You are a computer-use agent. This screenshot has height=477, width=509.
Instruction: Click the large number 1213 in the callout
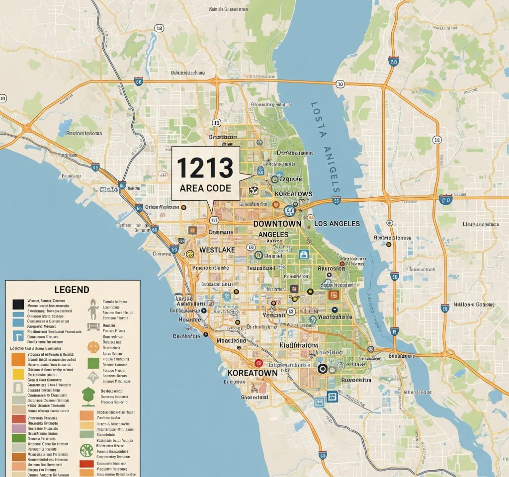click(x=205, y=167)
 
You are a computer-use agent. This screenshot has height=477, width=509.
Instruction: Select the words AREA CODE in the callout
click(x=205, y=188)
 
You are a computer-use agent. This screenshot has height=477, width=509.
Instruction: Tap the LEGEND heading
click(x=73, y=289)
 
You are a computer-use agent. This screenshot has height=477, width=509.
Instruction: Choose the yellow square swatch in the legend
click(x=18, y=373)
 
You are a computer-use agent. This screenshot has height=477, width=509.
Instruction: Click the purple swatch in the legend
click(x=18, y=428)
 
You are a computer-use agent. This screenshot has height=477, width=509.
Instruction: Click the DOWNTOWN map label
click(x=277, y=224)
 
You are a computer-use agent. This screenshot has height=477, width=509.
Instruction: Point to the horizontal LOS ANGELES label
click(x=337, y=224)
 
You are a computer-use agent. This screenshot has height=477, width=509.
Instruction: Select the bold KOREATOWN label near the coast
click(x=252, y=372)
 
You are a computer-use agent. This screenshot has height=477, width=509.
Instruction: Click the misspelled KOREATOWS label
click(x=293, y=194)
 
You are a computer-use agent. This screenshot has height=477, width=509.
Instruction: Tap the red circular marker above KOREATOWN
click(x=257, y=364)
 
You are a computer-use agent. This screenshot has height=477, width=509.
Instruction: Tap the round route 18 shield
click(x=159, y=29)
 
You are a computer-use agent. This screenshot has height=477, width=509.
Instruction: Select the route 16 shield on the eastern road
click(x=437, y=141)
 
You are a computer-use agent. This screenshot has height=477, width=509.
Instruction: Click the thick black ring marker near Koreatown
click(x=322, y=368)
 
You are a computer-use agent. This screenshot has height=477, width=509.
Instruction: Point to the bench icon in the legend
click(x=92, y=327)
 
